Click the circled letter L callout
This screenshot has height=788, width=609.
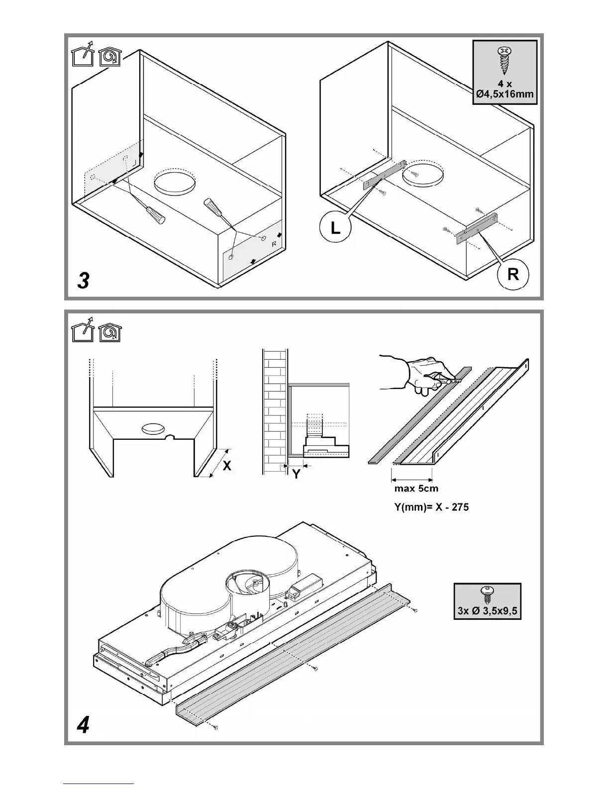pyautogui.click(x=336, y=228)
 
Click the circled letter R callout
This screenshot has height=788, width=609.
pyautogui.click(x=513, y=274)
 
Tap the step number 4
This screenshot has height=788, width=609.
pyautogui.click(x=84, y=725)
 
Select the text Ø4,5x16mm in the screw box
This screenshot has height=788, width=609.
pyautogui.click(x=505, y=94)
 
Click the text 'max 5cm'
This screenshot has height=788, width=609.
pyautogui.click(x=416, y=488)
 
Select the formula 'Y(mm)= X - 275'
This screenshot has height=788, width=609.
pyautogui.click(x=431, y=507)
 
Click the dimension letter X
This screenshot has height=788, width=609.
pyautogui.click(x=227, y=466)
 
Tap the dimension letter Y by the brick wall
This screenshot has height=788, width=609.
pyautogui.click(x=296, y=474)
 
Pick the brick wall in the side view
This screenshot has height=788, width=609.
pyautogui.click(x=274, y=411)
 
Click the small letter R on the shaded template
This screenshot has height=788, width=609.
pyautogui.click(x=274, y=244)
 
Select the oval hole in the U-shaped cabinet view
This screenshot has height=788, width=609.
pyautogui.click(x=152, y=428)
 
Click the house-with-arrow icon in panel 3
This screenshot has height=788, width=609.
pyautogui.click(x=83, y=57)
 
